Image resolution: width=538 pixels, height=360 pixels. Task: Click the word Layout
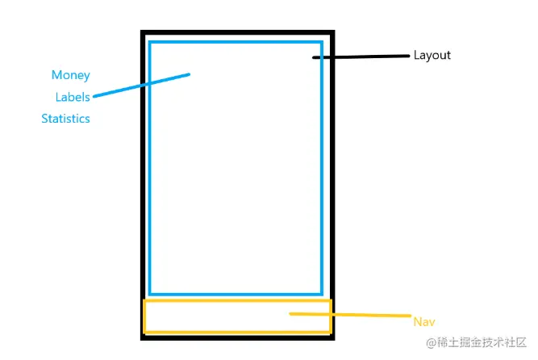432,56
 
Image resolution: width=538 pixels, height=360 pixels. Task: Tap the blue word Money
70,75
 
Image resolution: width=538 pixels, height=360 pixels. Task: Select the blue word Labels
72,97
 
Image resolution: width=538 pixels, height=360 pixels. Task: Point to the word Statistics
65,119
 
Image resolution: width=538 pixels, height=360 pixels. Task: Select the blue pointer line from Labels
141,86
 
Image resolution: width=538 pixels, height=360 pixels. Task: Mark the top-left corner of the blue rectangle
150,41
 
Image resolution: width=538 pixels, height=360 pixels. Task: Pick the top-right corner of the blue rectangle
322,41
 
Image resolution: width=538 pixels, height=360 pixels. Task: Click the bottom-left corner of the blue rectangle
150,295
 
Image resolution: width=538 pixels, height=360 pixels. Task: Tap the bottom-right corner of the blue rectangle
322,295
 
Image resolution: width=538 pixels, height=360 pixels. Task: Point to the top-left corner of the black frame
143,32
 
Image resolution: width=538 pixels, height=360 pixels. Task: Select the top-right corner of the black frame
332,32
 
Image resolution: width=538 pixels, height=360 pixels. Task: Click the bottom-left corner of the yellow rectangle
144,332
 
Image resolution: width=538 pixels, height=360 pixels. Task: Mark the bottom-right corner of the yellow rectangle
330,332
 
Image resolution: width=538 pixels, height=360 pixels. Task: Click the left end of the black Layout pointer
315,58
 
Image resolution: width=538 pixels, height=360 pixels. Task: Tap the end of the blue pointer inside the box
188,75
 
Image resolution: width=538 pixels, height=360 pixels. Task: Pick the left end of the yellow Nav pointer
290,313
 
